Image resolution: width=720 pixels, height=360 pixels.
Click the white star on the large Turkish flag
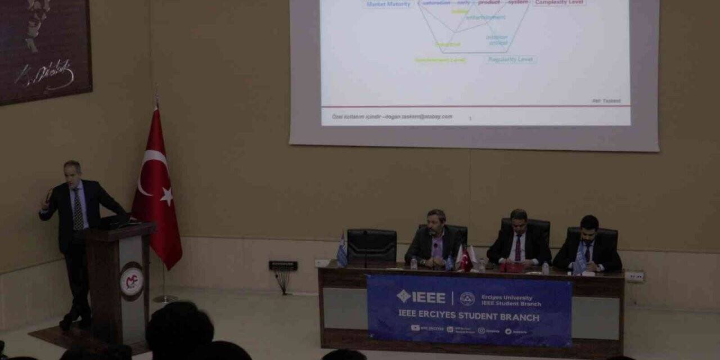(166, 196)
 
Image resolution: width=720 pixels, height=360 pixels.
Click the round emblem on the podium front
(131, 281)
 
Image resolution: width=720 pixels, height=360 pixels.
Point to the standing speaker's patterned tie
(78, 209)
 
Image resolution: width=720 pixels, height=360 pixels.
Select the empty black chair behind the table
(371, 246)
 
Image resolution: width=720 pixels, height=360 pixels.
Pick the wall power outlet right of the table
(634, 276)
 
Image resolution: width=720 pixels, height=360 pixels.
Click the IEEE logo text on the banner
(422, 297)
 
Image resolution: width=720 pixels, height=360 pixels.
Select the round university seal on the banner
(467, 298)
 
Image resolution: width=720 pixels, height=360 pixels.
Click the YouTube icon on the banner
(416, 328)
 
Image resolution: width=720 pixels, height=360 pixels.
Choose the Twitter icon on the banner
(508, 331)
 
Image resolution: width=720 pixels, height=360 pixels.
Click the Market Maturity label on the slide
(389, 4)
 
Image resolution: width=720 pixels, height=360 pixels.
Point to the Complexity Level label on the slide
(560, 3)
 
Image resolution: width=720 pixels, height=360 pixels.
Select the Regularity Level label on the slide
(511, 59)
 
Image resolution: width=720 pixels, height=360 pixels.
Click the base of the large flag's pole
(165, 299)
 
